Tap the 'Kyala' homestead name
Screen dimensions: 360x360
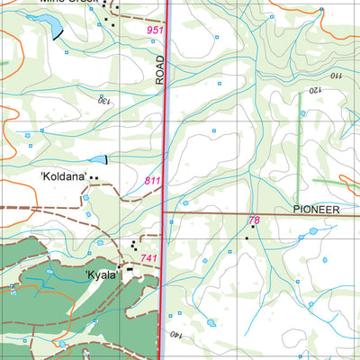[x=102, y=275]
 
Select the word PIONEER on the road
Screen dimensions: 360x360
[x=316, y=209]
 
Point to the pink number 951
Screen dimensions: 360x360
[x=156, y=31]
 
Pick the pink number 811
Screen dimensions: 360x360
[x=153, y=181]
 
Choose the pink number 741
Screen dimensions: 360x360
[x=148, y=259]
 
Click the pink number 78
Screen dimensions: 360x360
[x=254, y=220]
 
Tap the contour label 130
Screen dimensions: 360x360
[x=106, y=100]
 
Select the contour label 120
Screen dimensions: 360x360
[x=315, y=90]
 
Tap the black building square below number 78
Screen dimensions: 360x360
[x=246, y=238]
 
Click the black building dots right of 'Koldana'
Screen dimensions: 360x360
[x=94, y=178]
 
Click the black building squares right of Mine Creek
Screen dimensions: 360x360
[x=110, y=13]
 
